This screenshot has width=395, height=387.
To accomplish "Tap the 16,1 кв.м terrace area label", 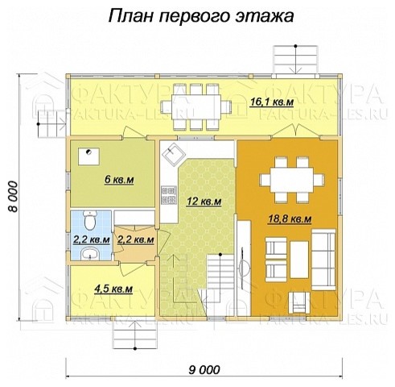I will [272, 103].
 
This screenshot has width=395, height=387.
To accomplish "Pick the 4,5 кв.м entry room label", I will [113, 288].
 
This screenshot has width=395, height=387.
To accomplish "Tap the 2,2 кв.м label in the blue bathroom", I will [90, 239].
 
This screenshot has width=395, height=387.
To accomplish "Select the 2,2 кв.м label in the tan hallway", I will [135, 239].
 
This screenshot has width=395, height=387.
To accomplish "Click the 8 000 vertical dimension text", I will [14, 194].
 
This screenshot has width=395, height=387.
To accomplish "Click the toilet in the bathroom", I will [91, 219].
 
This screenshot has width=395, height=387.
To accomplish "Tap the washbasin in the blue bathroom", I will [90, 255].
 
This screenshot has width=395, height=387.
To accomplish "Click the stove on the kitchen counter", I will [169, 193].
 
